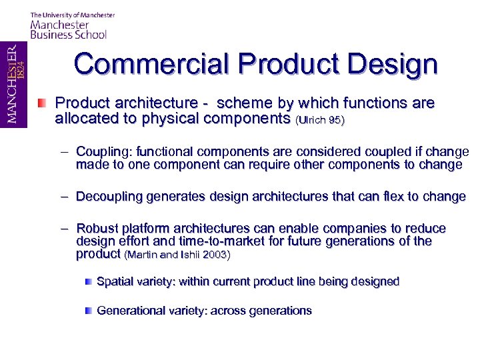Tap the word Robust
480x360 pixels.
[97, 229]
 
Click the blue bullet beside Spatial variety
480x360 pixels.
[88, 282]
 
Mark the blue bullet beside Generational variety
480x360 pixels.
[88, 311]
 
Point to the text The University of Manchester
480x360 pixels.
[73, 15]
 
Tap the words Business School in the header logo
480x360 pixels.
[69, 35]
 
